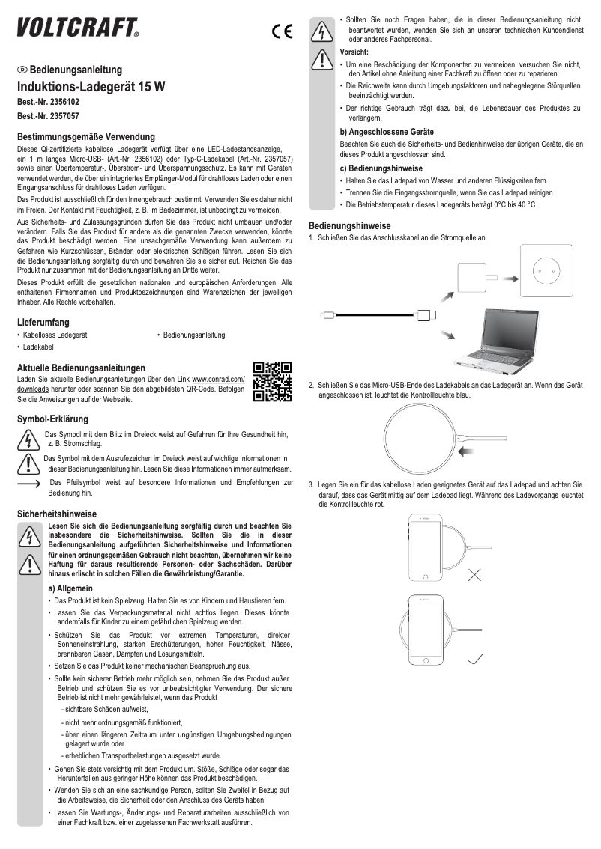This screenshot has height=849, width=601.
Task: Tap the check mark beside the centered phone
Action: tap(474, 660)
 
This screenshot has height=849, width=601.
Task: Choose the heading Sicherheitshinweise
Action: tap(57, 514)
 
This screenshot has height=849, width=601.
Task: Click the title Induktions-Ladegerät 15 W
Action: tap(91, 86)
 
